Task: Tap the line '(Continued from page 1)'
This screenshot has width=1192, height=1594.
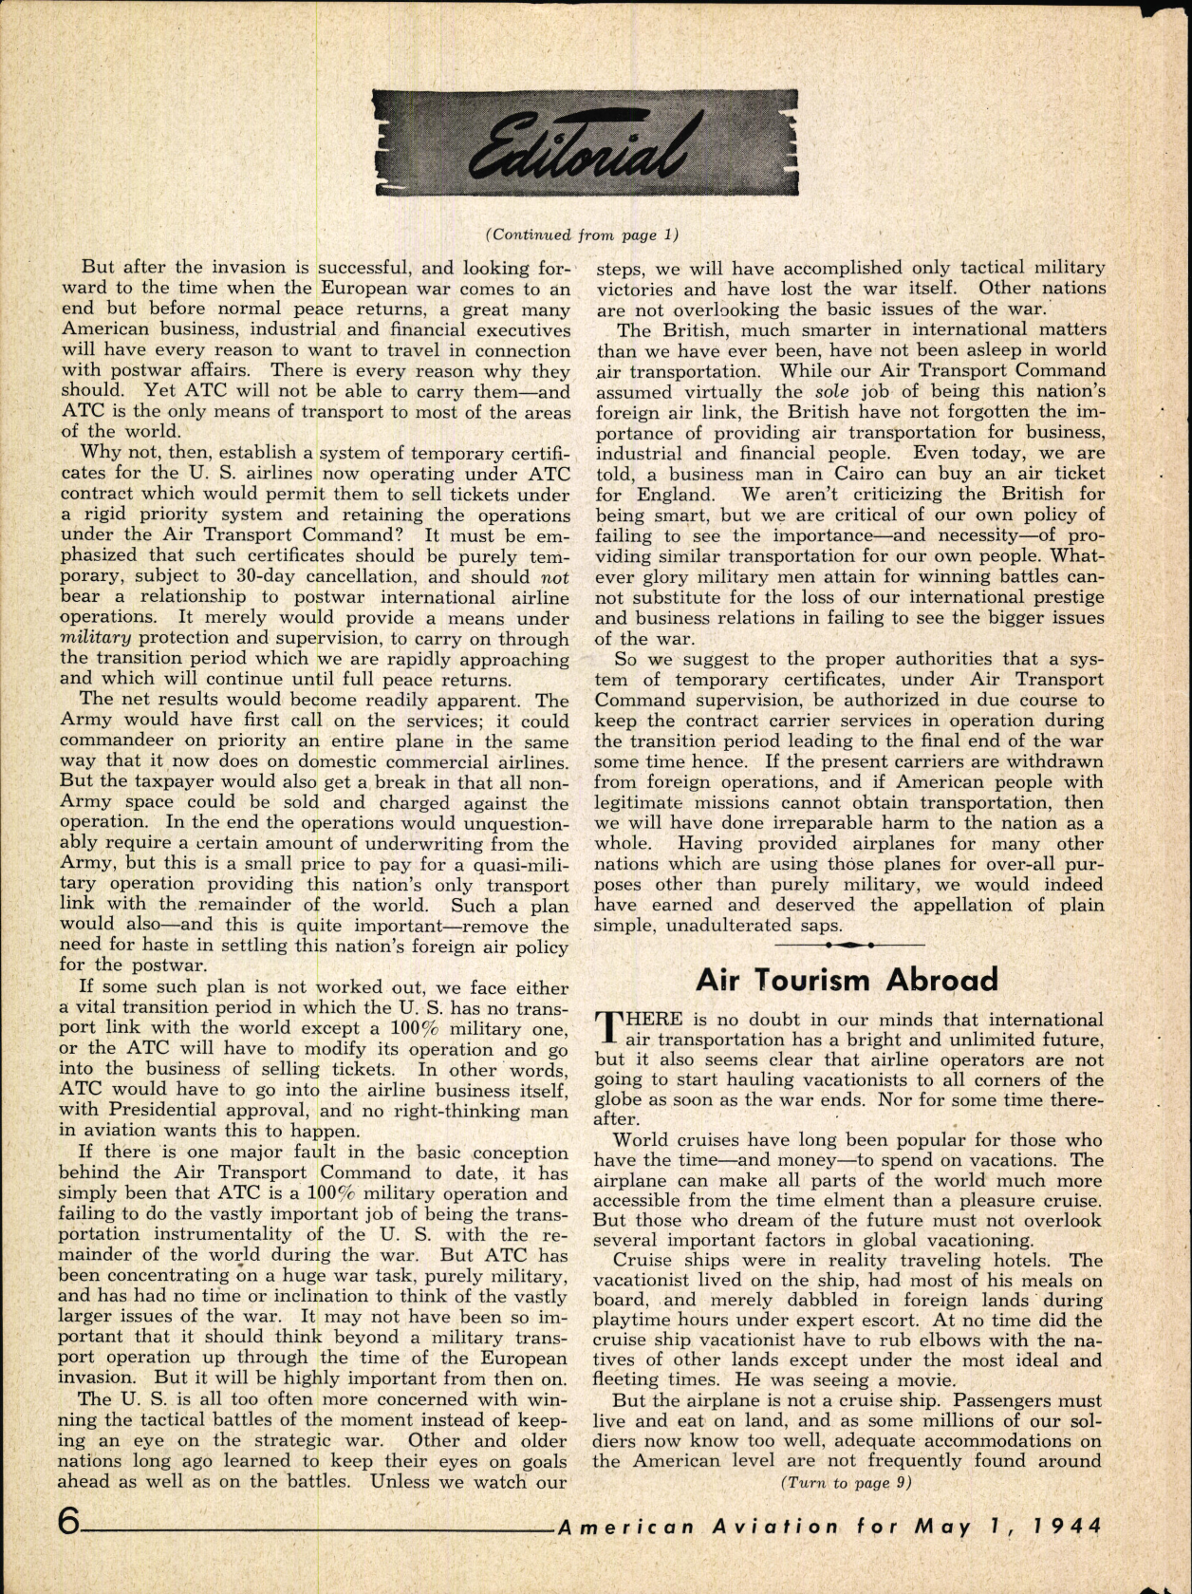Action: pos(583,235)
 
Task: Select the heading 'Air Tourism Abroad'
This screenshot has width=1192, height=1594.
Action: pos(847,979)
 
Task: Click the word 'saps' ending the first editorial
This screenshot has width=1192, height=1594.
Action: pos(819,925)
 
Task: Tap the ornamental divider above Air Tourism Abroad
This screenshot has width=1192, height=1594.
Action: pos(848,946)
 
